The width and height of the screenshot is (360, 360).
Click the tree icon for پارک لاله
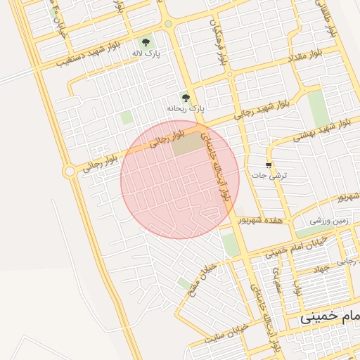click(x=146, y=42)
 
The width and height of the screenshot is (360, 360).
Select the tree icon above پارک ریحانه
click(x=186, y=98)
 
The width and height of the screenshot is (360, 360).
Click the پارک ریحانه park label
click(x=185, y=110)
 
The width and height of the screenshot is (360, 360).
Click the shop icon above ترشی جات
click(x=268, y=163)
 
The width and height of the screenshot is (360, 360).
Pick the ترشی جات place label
click(x=266, y=174)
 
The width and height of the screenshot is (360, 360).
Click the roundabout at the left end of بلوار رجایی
click(x=69, y=171)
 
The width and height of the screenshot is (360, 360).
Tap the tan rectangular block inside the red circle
click(x=187, y=145)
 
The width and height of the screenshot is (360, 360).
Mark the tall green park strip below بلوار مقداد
click(x=318, y=108)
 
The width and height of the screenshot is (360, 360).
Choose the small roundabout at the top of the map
click(x=168, y=25)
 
